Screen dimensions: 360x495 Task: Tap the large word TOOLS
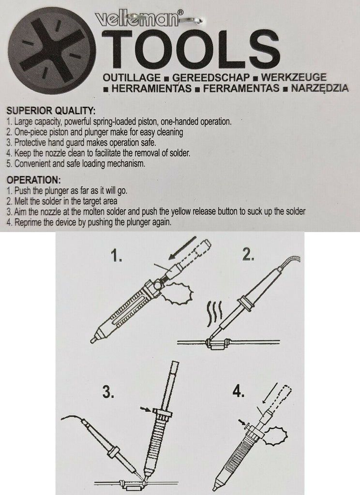[191, 49]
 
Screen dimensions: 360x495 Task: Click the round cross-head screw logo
[52, 51]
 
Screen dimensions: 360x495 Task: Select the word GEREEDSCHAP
[211, 78]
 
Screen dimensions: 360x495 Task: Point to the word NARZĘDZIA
[319, 88]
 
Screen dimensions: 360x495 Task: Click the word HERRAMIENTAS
[152, 88]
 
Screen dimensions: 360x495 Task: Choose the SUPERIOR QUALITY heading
[51, 111]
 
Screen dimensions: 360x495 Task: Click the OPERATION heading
[33, 180]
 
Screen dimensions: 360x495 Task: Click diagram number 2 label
[248, 254]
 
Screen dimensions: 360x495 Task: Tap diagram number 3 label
[108, 392]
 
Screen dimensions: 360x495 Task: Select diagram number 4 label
[239, 392]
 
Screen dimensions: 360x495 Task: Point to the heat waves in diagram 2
[215, 313]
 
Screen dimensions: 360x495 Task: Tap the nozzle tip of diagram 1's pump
[93, 340]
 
